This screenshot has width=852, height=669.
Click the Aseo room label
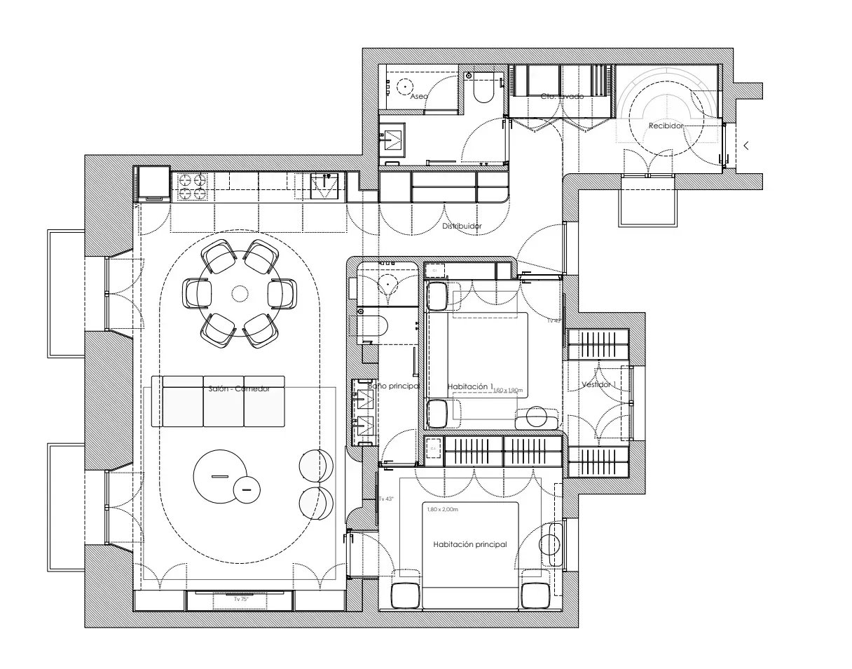[x=418, y=96]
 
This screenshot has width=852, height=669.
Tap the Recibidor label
[x=665, y=126]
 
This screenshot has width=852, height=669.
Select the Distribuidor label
[x=462, y=227]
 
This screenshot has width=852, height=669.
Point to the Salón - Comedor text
[x=239, y=388]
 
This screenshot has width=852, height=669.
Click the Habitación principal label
[x=469, y=544]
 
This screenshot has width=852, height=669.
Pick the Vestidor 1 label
[x=598, y=385]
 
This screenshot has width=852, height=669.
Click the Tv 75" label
[x=241, y=600]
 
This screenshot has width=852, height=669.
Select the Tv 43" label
[x=386, y=499]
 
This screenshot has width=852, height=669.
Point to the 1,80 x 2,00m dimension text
[x=441, y=510]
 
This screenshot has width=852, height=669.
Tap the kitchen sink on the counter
[x=324, y=185]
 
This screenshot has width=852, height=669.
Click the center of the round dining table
[x=240, y=293]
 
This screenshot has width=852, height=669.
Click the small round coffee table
[x=245, y=489]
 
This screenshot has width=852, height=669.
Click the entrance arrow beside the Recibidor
[x=747, y=146]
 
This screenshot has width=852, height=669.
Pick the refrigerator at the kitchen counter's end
[x=153, y=183]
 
